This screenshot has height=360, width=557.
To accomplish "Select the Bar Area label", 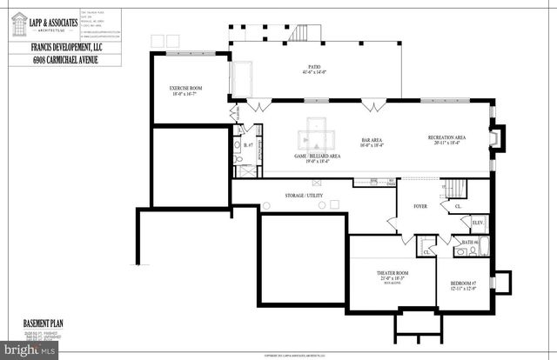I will [x=372, y=141].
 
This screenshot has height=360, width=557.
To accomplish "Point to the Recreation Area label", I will [x=446, y=138].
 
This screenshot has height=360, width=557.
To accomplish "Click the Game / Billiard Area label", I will [x=316, y=156].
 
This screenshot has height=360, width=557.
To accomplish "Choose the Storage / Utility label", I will [x=306, y=196].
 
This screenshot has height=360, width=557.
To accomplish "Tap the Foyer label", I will [x=419, y=207].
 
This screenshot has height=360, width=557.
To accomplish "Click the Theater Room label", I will [x=393, y=273].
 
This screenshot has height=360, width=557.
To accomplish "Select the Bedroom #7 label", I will [x=463, y=283].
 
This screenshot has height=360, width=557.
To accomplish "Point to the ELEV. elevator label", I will [x=478, y=223].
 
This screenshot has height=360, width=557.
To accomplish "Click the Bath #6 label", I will [x=468, y=241].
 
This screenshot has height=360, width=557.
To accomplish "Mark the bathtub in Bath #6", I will [x=479, y=253].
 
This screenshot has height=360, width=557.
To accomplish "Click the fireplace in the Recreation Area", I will [x=495, y=140].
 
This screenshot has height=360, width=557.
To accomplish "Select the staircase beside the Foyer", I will [x=454, y=189].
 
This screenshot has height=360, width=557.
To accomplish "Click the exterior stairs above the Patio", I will [x=300, y=33].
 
